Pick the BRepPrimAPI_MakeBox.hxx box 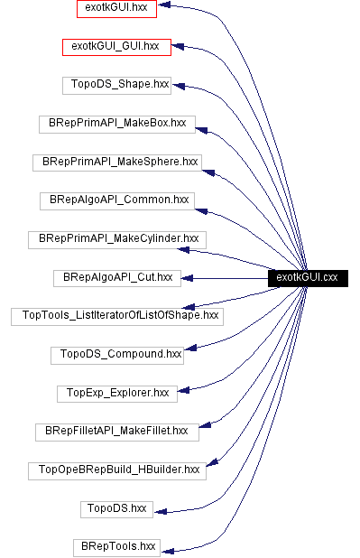116,123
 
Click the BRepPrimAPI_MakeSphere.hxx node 116,162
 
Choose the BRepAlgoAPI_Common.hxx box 116,200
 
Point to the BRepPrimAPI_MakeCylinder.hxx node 117,238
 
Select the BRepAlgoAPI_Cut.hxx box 117,277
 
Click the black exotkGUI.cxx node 307,277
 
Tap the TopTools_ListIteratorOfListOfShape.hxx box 116,316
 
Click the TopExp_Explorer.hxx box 116,393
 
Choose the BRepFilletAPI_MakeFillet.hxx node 116,432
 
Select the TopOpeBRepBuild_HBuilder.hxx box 116,470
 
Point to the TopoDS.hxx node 116,508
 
